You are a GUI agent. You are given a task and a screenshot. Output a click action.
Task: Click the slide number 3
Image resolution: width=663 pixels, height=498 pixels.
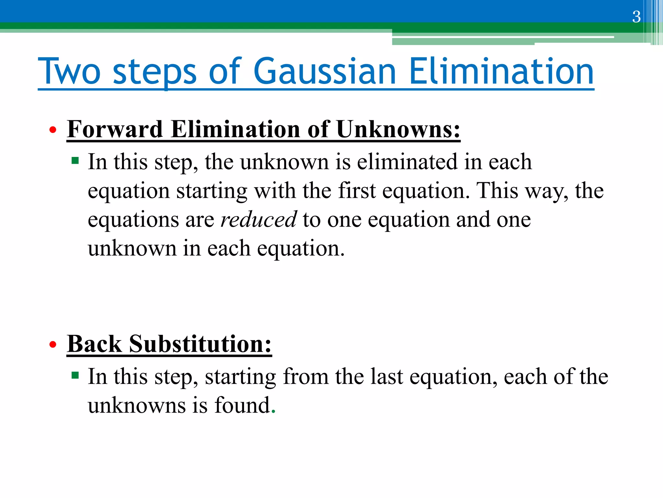pos(636,17)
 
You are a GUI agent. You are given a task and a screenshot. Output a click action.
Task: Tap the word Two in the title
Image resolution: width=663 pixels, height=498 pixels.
pos(69,71)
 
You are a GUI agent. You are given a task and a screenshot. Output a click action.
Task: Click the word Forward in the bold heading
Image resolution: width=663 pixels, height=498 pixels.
pos(115,129)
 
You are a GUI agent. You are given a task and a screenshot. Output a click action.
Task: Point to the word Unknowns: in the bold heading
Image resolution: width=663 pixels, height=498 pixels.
pos(398,129)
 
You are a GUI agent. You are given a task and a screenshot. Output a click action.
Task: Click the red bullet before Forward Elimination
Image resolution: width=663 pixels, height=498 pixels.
pos(53,130)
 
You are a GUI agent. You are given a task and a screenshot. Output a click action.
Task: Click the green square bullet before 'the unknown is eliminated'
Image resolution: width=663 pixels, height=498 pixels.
pos(75,160)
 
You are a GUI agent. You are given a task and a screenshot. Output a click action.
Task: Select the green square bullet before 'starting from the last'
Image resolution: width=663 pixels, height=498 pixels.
pos(75,375)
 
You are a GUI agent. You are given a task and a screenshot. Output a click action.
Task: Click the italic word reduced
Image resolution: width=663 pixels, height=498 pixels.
pos(258,220)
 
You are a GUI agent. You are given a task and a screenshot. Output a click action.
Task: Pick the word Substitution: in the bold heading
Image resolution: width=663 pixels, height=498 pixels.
pos(200,344)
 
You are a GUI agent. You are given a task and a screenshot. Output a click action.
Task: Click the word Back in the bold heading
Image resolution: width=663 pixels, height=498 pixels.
pos(95,344)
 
